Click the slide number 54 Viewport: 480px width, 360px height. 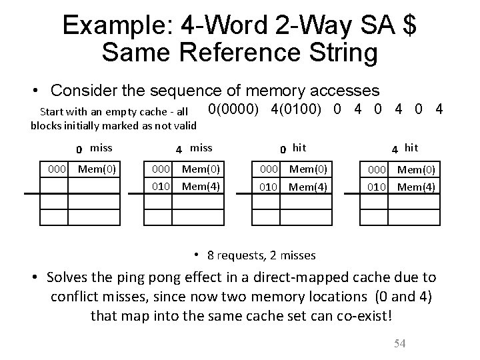400,343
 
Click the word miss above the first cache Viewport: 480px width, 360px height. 101,147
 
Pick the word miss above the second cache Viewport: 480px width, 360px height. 201,147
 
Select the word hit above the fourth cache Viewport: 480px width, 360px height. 412,147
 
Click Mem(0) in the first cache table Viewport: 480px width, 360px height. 97,169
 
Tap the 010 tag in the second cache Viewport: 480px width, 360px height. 163,186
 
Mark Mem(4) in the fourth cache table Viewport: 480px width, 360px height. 416,186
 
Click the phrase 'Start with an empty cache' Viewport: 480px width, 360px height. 105,111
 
